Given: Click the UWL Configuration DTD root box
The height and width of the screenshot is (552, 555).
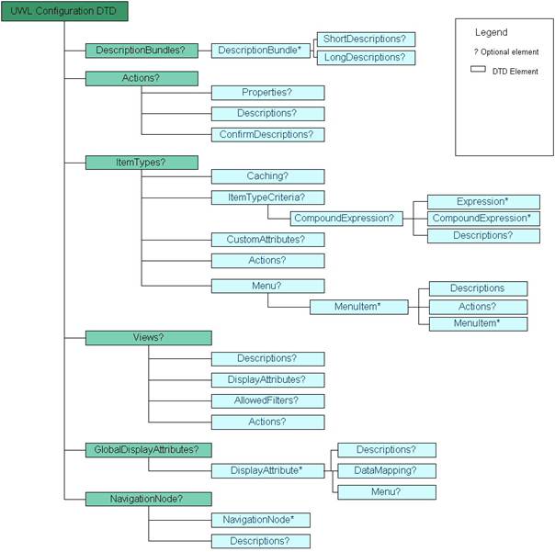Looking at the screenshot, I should pos(63,12).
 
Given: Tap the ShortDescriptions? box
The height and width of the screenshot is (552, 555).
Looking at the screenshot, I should pos(364,39).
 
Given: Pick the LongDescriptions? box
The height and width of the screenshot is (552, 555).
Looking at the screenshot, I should pos(364,58).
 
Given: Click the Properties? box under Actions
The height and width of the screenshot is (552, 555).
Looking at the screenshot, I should pos(267,93).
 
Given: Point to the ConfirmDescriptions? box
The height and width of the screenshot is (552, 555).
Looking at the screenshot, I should pos(267,134).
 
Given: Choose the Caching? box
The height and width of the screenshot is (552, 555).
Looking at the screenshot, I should pos(267,175).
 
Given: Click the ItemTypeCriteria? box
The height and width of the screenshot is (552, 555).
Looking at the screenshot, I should pos(267,197).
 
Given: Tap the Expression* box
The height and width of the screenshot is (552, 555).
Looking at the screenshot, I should pos(482,201).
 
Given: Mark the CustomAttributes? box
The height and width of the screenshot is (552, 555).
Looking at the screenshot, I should pos(267,240).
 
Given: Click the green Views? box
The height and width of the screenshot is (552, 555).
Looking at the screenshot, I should pos(148,337).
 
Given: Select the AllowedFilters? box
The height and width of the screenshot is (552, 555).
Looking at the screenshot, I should pos(267,400).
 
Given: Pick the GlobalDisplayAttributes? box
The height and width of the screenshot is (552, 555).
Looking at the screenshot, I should pos(148,449).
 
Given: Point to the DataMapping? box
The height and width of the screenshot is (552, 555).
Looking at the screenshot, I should pos(385,470).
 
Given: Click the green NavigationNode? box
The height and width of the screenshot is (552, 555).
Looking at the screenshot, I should pos(148,499).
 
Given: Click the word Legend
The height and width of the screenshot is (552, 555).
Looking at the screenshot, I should pos(491,32).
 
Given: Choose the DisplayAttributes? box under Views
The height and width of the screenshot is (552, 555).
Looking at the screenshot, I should pos(267,379).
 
